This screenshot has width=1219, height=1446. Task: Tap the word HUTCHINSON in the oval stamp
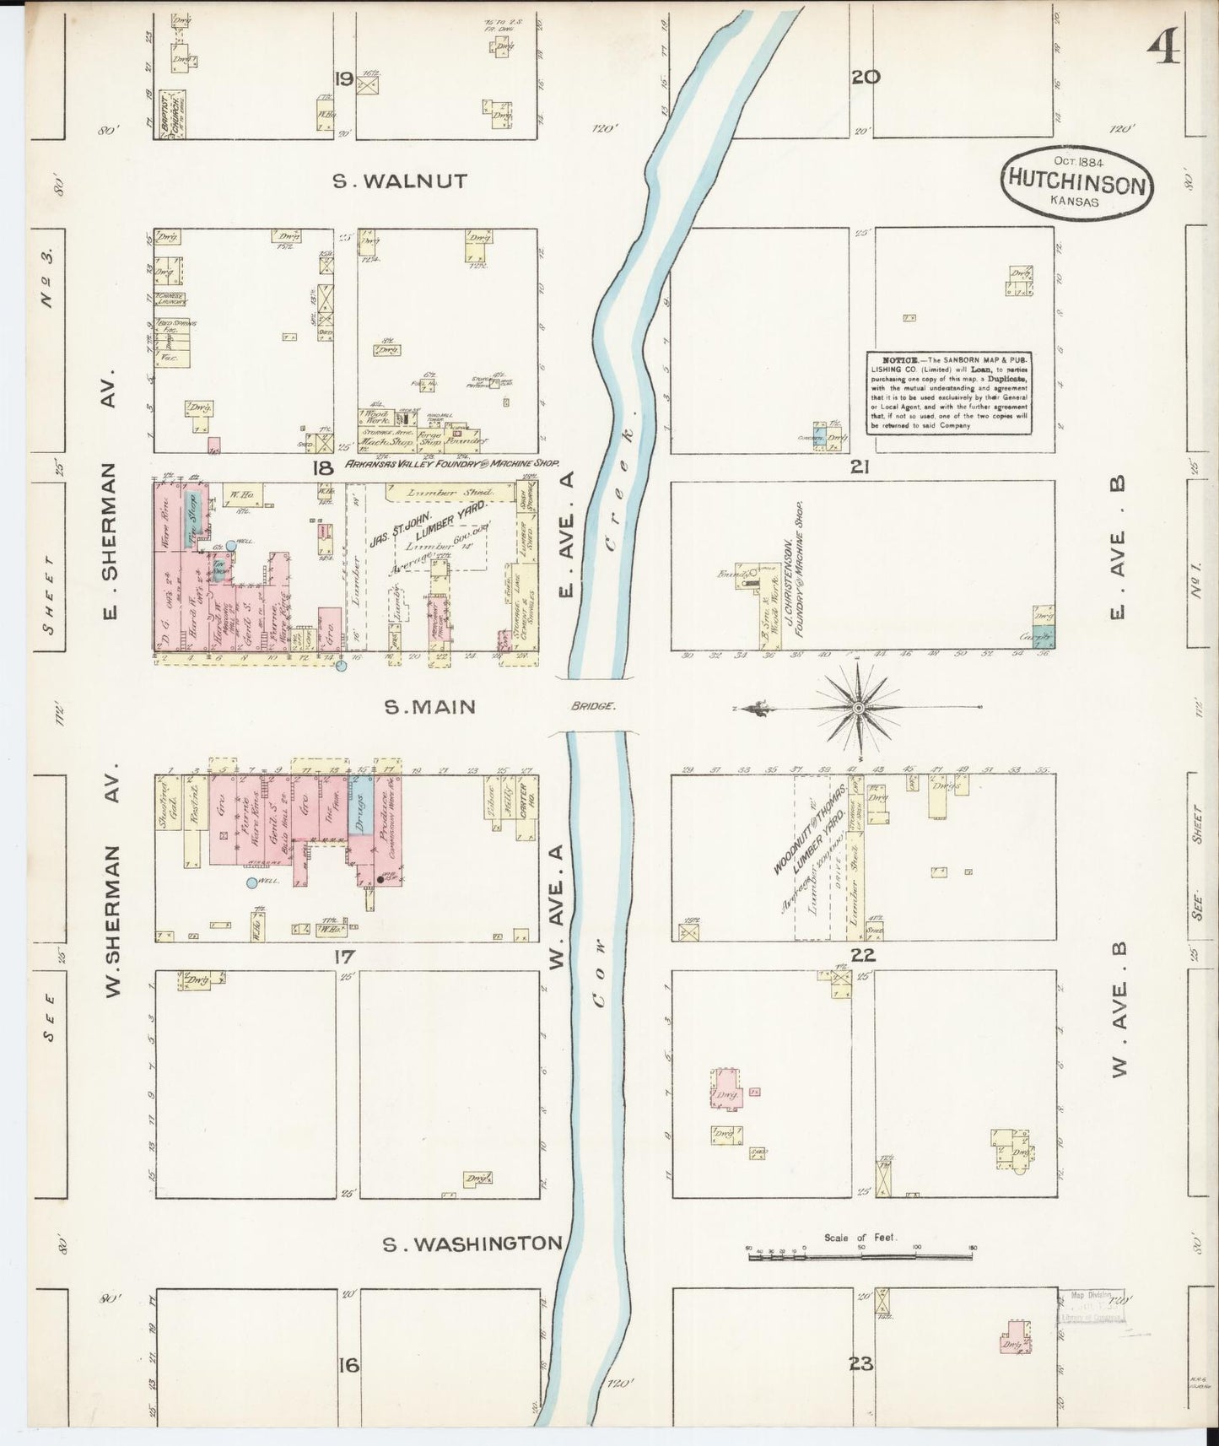point(1076,185)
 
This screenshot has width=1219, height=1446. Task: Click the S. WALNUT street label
point(399,181)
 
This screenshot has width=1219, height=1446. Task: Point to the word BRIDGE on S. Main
point(594,706)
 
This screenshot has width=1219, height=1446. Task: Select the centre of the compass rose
point(858,706)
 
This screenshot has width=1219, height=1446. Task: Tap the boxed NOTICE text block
point(949,393)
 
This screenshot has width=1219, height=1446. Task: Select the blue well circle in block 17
point(251,883)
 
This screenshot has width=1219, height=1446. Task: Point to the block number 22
point(863,955)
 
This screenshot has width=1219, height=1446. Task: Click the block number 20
point(866,78)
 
